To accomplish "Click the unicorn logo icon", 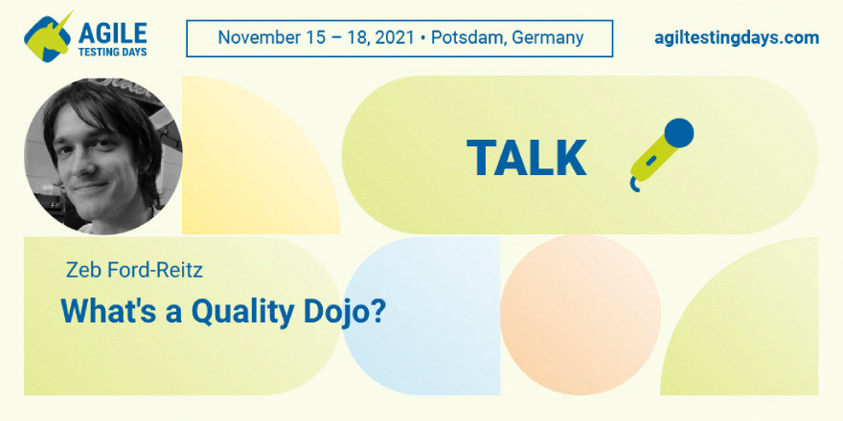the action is pyautogui.click(x=47, y=37).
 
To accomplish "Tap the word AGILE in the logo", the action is pyautogui.click(x=112, y=33).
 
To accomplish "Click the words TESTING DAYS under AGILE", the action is pyautogui.click(x=112, y=52).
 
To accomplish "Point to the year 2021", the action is pyautogui.click(x=395, y=37).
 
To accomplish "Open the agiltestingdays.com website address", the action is pyautogui.click(x=737, y=38).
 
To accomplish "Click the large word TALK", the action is pyautogui.click(x=526, y=157).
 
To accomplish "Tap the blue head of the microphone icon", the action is pyautogui.click(x=678, y=133).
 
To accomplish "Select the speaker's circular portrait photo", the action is pyautogui.click(x=103, y=156).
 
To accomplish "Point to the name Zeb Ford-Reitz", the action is pyautogui.click(x=134, y=270).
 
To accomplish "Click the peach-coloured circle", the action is pyautogui.click(x=581, y=315).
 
